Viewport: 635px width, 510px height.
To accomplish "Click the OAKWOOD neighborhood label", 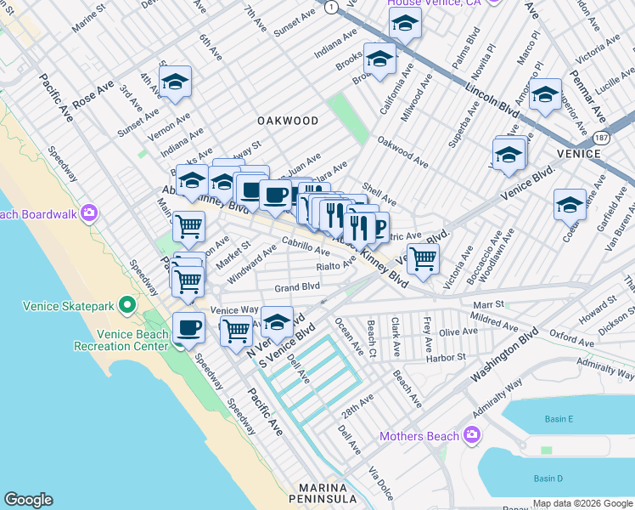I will (289, 121).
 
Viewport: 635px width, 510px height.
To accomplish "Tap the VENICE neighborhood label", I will (579, 153).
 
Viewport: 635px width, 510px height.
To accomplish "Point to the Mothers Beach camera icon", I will (472, 436).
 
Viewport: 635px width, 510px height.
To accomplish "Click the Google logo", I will (28, 500).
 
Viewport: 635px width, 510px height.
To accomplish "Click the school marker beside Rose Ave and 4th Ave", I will (176, 82).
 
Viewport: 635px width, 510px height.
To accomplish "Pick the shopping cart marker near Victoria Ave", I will (423, 257).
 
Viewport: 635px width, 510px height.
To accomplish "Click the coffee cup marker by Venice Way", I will (188, 327).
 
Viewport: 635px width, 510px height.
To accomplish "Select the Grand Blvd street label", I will (296, 287).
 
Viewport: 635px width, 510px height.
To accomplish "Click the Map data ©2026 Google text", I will (581, 503).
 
